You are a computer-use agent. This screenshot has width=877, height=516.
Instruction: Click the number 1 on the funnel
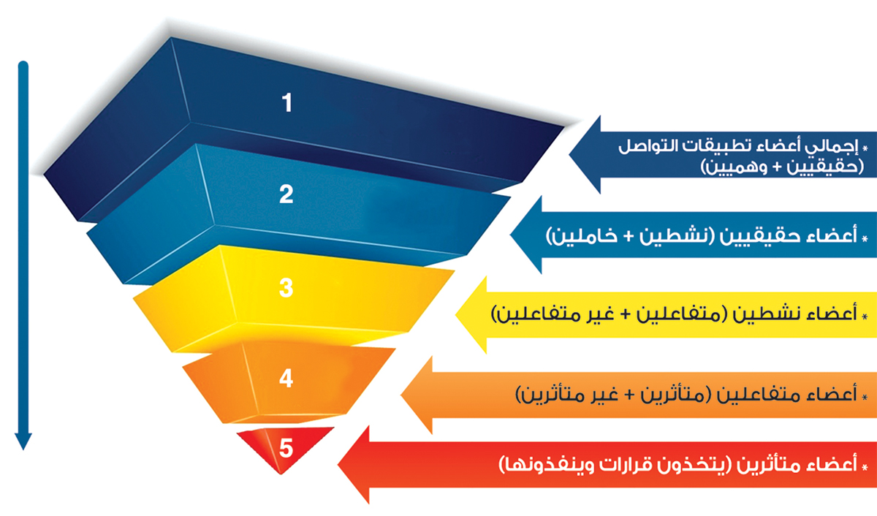coord(287,102)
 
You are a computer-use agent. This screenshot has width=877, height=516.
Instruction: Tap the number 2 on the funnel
coord(286,194)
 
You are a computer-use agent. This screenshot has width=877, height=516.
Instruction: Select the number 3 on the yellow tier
coord(286,288)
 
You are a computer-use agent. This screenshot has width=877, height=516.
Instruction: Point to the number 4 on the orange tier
coord(286,379)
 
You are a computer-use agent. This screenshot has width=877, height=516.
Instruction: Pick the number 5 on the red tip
coord(286,448)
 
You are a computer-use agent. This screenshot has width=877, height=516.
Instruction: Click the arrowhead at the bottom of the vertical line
coord(23,441)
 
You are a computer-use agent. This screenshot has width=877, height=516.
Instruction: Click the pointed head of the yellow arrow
coord(471,315)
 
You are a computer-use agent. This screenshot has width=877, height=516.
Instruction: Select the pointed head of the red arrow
coord(353,465)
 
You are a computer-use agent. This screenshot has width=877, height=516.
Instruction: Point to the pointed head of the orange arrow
coord(417,395)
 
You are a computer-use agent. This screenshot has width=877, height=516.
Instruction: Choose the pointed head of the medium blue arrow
coord(525,235)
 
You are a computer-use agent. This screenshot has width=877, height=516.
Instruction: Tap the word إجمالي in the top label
coord(832,147)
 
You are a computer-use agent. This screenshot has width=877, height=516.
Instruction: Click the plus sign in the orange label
coord(629,395)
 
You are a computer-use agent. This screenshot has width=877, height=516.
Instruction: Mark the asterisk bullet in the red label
coord(865,466)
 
